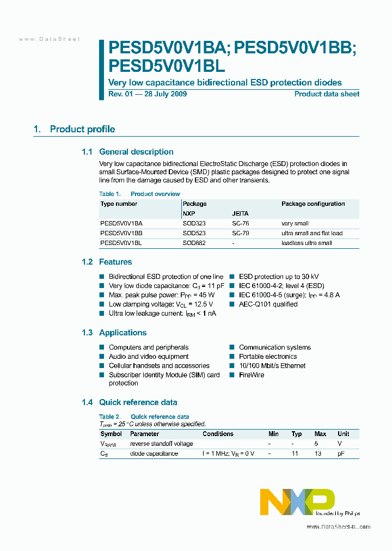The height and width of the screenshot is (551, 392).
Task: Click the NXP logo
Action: pyautogui.click(x=297, y=501)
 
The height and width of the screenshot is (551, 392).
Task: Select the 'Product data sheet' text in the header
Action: pyautogui.click(x=327, y=94)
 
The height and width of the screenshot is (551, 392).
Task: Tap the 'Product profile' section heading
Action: pyautogui.click(x=82, y=130)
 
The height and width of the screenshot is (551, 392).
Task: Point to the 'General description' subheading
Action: pyautogui.click(x=136, y=152)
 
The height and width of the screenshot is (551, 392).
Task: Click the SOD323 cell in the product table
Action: pyautogui.click(x=194, y=224)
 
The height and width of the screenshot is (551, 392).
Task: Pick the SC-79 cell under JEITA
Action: pyautogui.click(x=240, y=234)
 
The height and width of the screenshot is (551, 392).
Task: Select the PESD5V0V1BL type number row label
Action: pyautogui.click(x=121, y=243)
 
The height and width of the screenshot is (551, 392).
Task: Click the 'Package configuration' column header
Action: pyautogui.click(x=313, y=204)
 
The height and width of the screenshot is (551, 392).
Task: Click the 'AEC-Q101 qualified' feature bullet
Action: pyautogui.click(x=268, y=304)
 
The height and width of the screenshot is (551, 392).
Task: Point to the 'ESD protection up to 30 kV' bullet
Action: pyautogui.click(x=279, y=277)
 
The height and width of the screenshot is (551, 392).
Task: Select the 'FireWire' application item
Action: pyautogui.click(x=251, y=375)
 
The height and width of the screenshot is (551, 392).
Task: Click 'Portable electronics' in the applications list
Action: pyautogui.click(x=268, y=357)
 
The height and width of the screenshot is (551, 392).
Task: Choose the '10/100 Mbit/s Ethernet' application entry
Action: pyautogui.click(x=272, y=366)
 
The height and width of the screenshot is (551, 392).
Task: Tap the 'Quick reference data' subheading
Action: pyautogui.click(x=138, y=402)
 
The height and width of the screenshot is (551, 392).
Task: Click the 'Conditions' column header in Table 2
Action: pyautogui.click(x=218, y=434)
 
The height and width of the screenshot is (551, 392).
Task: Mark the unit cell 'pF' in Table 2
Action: pyautogui.click(x=341, y=454)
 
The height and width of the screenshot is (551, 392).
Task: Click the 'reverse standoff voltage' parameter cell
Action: pyautogui.click(x=161, y=444)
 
